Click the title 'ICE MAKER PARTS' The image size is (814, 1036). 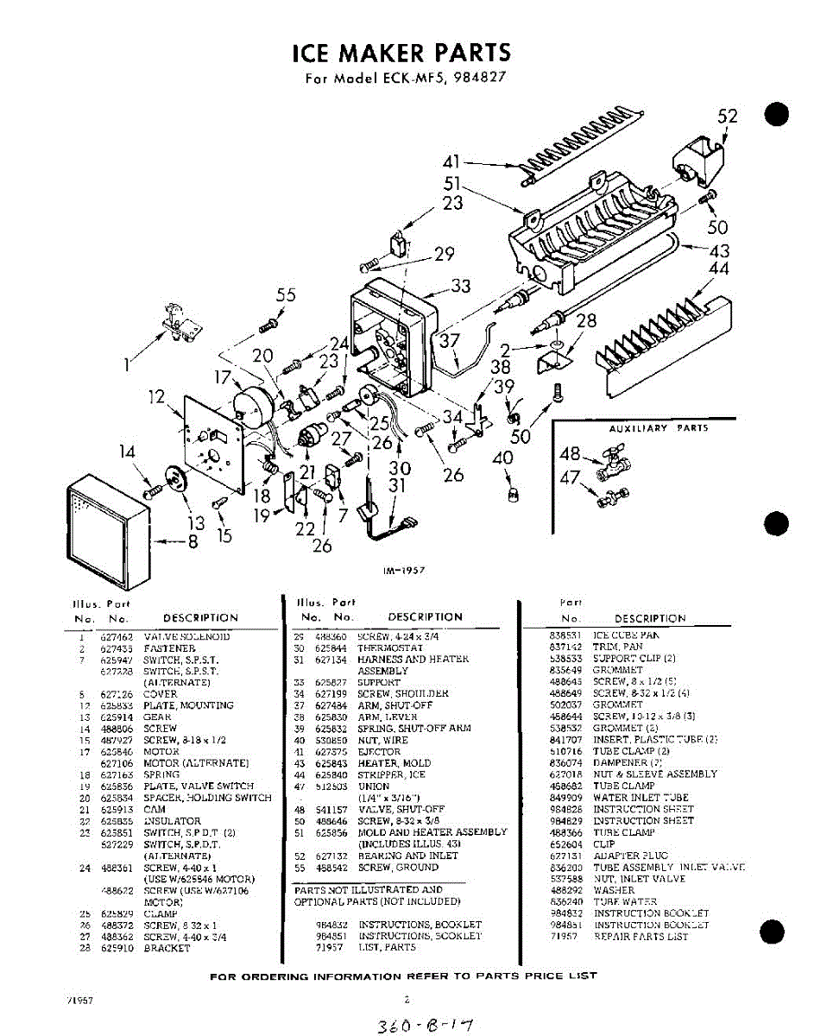point(401,53)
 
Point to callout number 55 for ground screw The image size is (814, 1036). point(286,295)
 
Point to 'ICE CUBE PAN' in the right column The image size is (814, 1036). point(626,635)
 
